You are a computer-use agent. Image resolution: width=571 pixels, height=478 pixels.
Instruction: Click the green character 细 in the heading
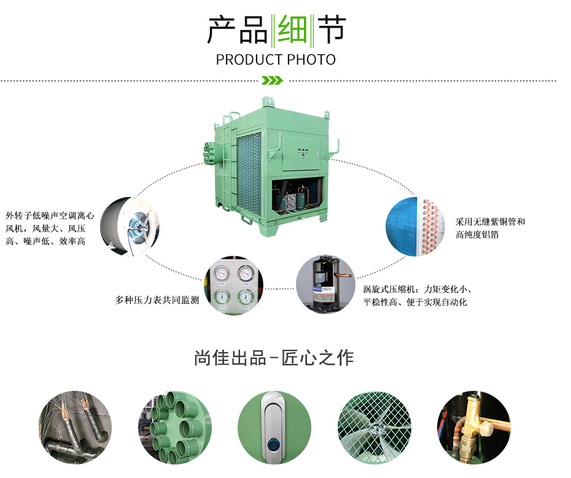coord(292,29)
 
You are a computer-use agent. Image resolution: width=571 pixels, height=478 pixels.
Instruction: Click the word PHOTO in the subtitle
coord(311,60)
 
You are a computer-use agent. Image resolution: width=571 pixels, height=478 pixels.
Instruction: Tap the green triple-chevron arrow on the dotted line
coord(272,80)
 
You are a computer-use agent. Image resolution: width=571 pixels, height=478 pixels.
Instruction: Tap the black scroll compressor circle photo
coord(325,285)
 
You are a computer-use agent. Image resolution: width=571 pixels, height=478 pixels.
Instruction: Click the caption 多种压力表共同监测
coord(157,301)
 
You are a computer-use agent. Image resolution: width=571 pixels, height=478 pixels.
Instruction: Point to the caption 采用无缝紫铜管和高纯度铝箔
coord(490,228)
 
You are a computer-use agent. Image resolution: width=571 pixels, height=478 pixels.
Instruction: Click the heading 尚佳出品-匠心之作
coord(274,357)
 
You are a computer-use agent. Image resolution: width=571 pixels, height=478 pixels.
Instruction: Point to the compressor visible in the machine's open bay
coord(302,198)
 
